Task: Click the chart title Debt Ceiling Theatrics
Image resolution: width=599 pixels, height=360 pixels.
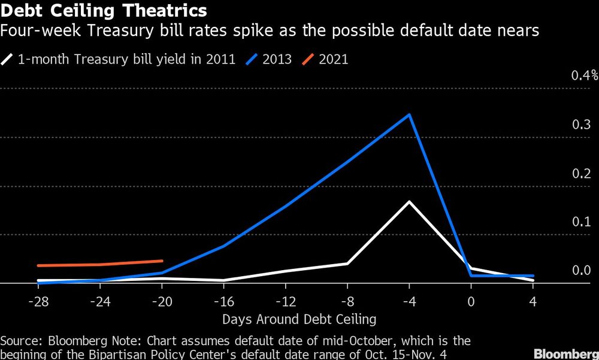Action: pos(104,10)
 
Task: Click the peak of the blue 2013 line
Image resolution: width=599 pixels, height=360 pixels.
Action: pos(409,114)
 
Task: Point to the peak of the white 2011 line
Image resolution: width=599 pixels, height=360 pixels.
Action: pos(409,201)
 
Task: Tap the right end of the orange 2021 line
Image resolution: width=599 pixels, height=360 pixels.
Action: pos(162,261)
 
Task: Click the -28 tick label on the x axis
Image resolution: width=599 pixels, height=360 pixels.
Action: pos(38,300)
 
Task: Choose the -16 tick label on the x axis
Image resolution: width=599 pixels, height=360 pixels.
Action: pos(223,300)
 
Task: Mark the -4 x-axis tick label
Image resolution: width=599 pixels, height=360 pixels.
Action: pos(409,300)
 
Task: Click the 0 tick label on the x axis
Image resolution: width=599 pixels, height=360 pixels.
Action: pos(471,300)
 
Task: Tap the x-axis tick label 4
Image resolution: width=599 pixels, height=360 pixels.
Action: pos(533,300)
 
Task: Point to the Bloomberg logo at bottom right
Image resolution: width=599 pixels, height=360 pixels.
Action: pos(567,352)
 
